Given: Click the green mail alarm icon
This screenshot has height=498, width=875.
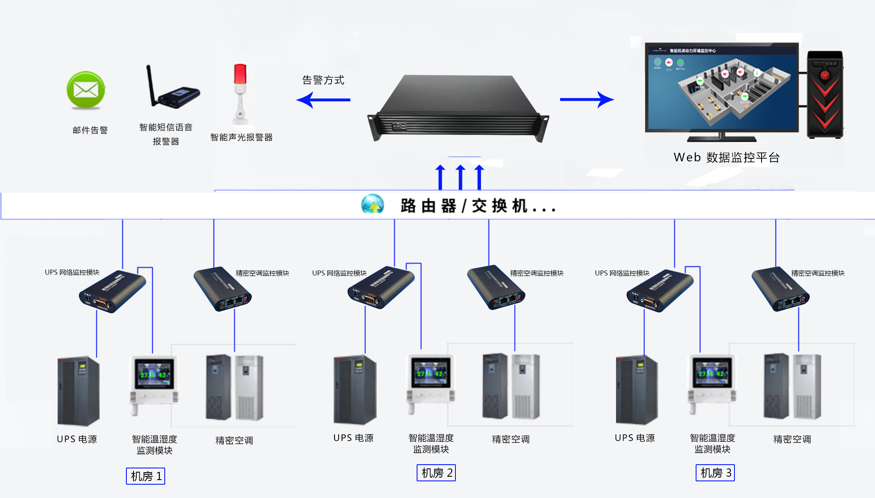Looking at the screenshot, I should [86, 90].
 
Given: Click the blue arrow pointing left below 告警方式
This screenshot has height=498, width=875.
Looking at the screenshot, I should [323, 100].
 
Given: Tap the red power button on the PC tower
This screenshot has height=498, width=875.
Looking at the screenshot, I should [825, 75].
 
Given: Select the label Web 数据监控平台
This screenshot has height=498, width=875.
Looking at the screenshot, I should [727, 158].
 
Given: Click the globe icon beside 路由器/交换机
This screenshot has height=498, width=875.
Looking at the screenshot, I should [372, 204].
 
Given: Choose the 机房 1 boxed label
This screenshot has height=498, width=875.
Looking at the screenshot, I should [146, 476].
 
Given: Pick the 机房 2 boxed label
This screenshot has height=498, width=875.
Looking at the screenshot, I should [436, 473].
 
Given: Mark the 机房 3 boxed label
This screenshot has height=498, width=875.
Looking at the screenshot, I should [715, 473].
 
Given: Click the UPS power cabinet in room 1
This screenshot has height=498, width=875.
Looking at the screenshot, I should [78, 391].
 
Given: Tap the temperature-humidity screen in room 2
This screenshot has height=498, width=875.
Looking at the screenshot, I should [430, 372].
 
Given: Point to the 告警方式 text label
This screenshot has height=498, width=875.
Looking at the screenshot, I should [323, 80].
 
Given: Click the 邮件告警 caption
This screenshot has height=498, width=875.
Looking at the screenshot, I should [90, 130].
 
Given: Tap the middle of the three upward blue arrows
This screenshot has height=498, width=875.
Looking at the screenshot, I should [460, 177].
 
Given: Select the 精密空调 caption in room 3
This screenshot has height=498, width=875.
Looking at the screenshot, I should [792, 439].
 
